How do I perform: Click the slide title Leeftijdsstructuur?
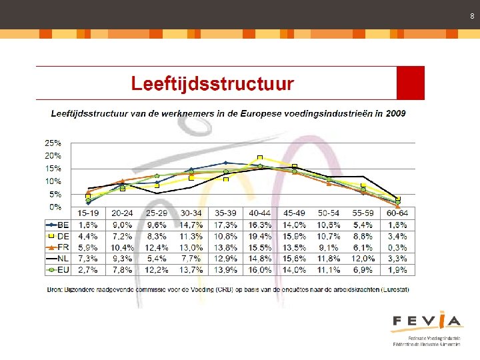[212, 83]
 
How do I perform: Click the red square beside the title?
[410, 83]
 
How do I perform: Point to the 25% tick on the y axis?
[53, 143]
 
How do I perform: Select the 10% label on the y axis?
[53, 181]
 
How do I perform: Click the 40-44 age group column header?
[259, 213]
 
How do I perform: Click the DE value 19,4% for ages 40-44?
[259, 236]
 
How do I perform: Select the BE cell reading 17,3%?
[225, 225]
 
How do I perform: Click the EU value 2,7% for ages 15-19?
[88, 270]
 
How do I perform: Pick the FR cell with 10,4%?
[122, 247]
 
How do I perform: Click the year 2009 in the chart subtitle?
[394, 113]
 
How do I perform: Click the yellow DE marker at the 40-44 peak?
[260, 159]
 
